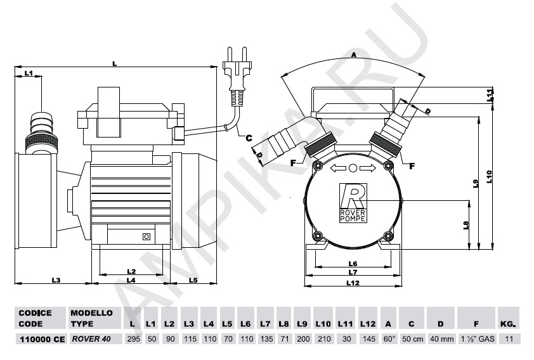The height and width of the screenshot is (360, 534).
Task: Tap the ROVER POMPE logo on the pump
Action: [353, 203]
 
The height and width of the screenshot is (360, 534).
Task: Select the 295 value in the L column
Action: [133, 339]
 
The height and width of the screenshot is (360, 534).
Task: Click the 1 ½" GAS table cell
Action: [476, 339]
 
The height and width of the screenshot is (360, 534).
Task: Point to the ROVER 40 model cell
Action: [91, 339]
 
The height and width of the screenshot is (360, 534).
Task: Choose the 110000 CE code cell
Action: [42, 339]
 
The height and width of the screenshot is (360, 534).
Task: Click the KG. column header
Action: [509, 324]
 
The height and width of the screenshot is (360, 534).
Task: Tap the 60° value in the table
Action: [389, 339]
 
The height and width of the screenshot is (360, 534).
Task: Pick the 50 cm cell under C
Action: [412, 339]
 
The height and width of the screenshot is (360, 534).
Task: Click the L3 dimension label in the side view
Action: [56, 280]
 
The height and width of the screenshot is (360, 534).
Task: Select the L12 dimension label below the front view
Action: [353, 283]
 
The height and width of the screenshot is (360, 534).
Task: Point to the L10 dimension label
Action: [490, 177]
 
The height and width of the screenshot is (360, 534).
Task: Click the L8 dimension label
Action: [466, 225]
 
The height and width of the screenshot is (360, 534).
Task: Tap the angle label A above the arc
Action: [353, 55]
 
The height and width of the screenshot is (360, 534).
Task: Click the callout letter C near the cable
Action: [249, 138]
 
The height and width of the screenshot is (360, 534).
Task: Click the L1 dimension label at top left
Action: [29, 73]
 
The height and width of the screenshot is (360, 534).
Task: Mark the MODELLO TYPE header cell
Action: [91, 318]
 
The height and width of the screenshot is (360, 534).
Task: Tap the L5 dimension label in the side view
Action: [193, 280]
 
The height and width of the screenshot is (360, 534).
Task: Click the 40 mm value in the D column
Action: [441, 339]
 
